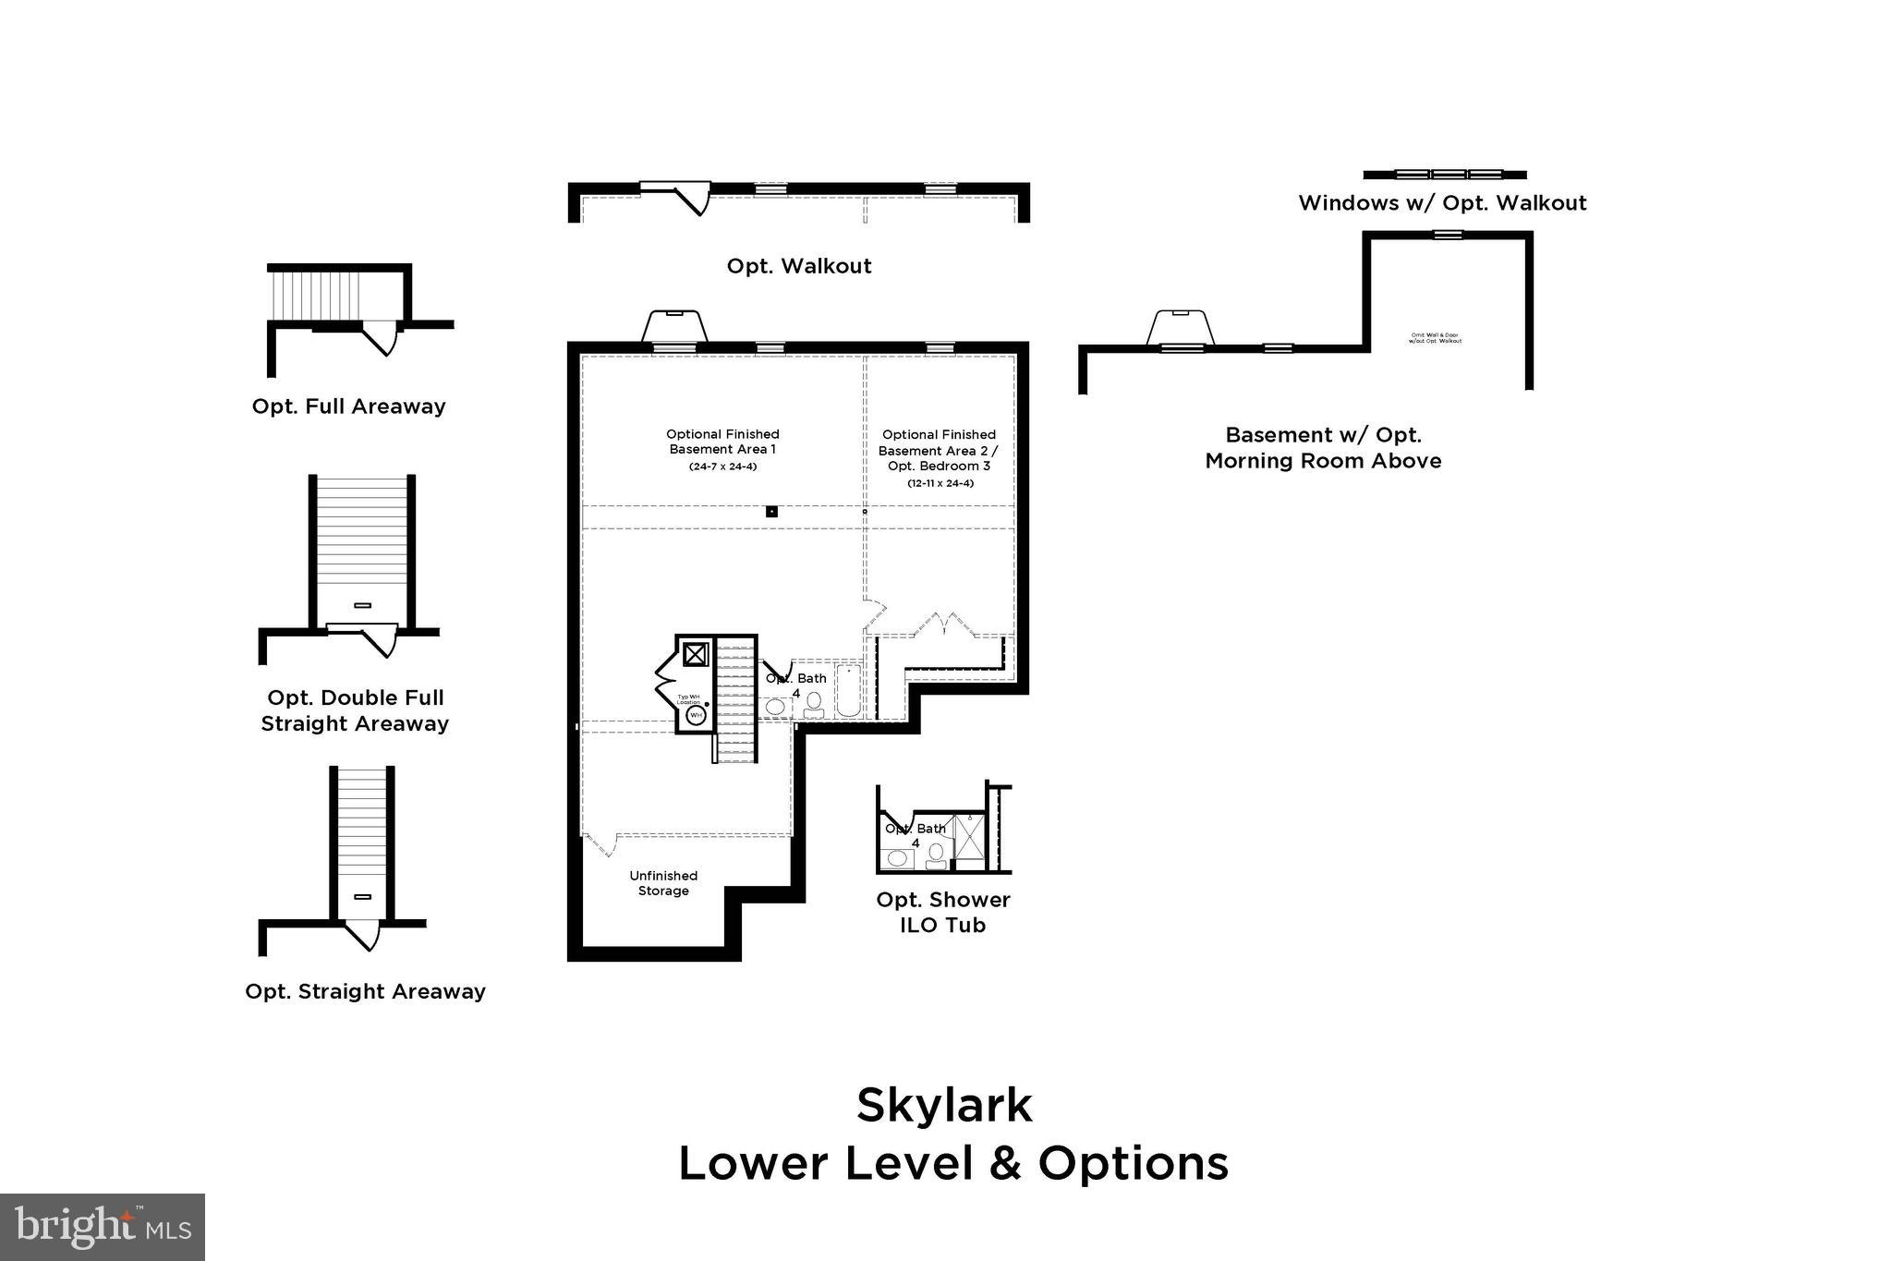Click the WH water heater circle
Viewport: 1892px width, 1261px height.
[x=696, y=715]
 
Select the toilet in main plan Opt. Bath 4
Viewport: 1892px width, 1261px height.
[x=814, y=705]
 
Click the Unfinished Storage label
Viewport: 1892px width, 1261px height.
[x=663, y=883]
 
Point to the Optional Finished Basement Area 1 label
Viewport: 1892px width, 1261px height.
[x=722, y=442]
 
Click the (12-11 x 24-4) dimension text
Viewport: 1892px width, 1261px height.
[x=940, y=483]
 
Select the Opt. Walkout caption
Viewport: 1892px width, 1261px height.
[x=799, y=266]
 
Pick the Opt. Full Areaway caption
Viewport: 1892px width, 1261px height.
[x=348, y=406]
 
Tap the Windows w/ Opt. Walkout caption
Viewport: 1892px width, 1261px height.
[x=1442, y=203]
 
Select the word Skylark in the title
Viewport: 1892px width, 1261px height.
[x=944, y=1105]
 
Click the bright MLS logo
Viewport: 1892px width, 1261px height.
[x=103, y=1227]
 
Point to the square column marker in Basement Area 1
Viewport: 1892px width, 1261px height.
[x=772, y=512]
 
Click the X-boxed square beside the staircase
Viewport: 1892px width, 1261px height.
[x=695, y=654]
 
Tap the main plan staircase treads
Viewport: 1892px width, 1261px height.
[x=736, y=702]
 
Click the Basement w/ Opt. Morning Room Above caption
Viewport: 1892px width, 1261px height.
[x=1323, y=448]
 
